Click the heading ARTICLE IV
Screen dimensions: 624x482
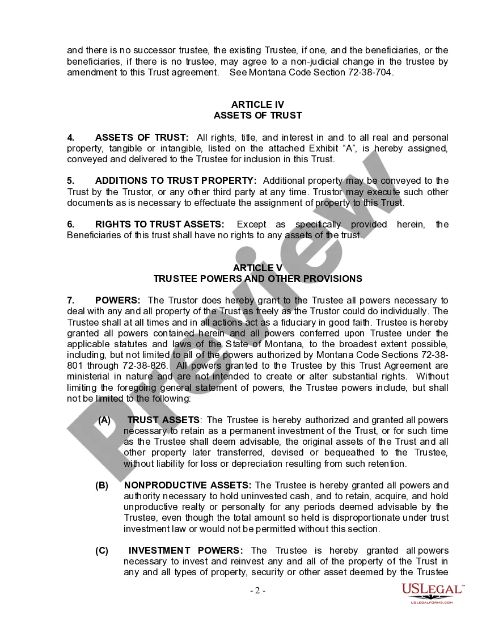point(257,104)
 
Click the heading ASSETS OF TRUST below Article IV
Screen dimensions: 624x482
point(257,115)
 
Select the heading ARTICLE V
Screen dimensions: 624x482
point(257,268)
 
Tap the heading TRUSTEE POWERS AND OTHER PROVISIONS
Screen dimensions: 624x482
point(257,279)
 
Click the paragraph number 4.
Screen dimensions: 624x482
point(70,137)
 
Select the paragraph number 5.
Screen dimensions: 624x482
point(70,181)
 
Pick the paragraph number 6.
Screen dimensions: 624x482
point(70,225)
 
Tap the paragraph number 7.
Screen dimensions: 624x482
point(70,300)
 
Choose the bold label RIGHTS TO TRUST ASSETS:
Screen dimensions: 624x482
point(159,225)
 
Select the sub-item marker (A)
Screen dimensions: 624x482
point(104,420)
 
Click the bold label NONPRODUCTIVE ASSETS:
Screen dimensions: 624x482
point(188,486)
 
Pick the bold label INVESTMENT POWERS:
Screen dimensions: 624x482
point(186,551)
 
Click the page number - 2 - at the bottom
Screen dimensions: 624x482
point(258,591)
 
